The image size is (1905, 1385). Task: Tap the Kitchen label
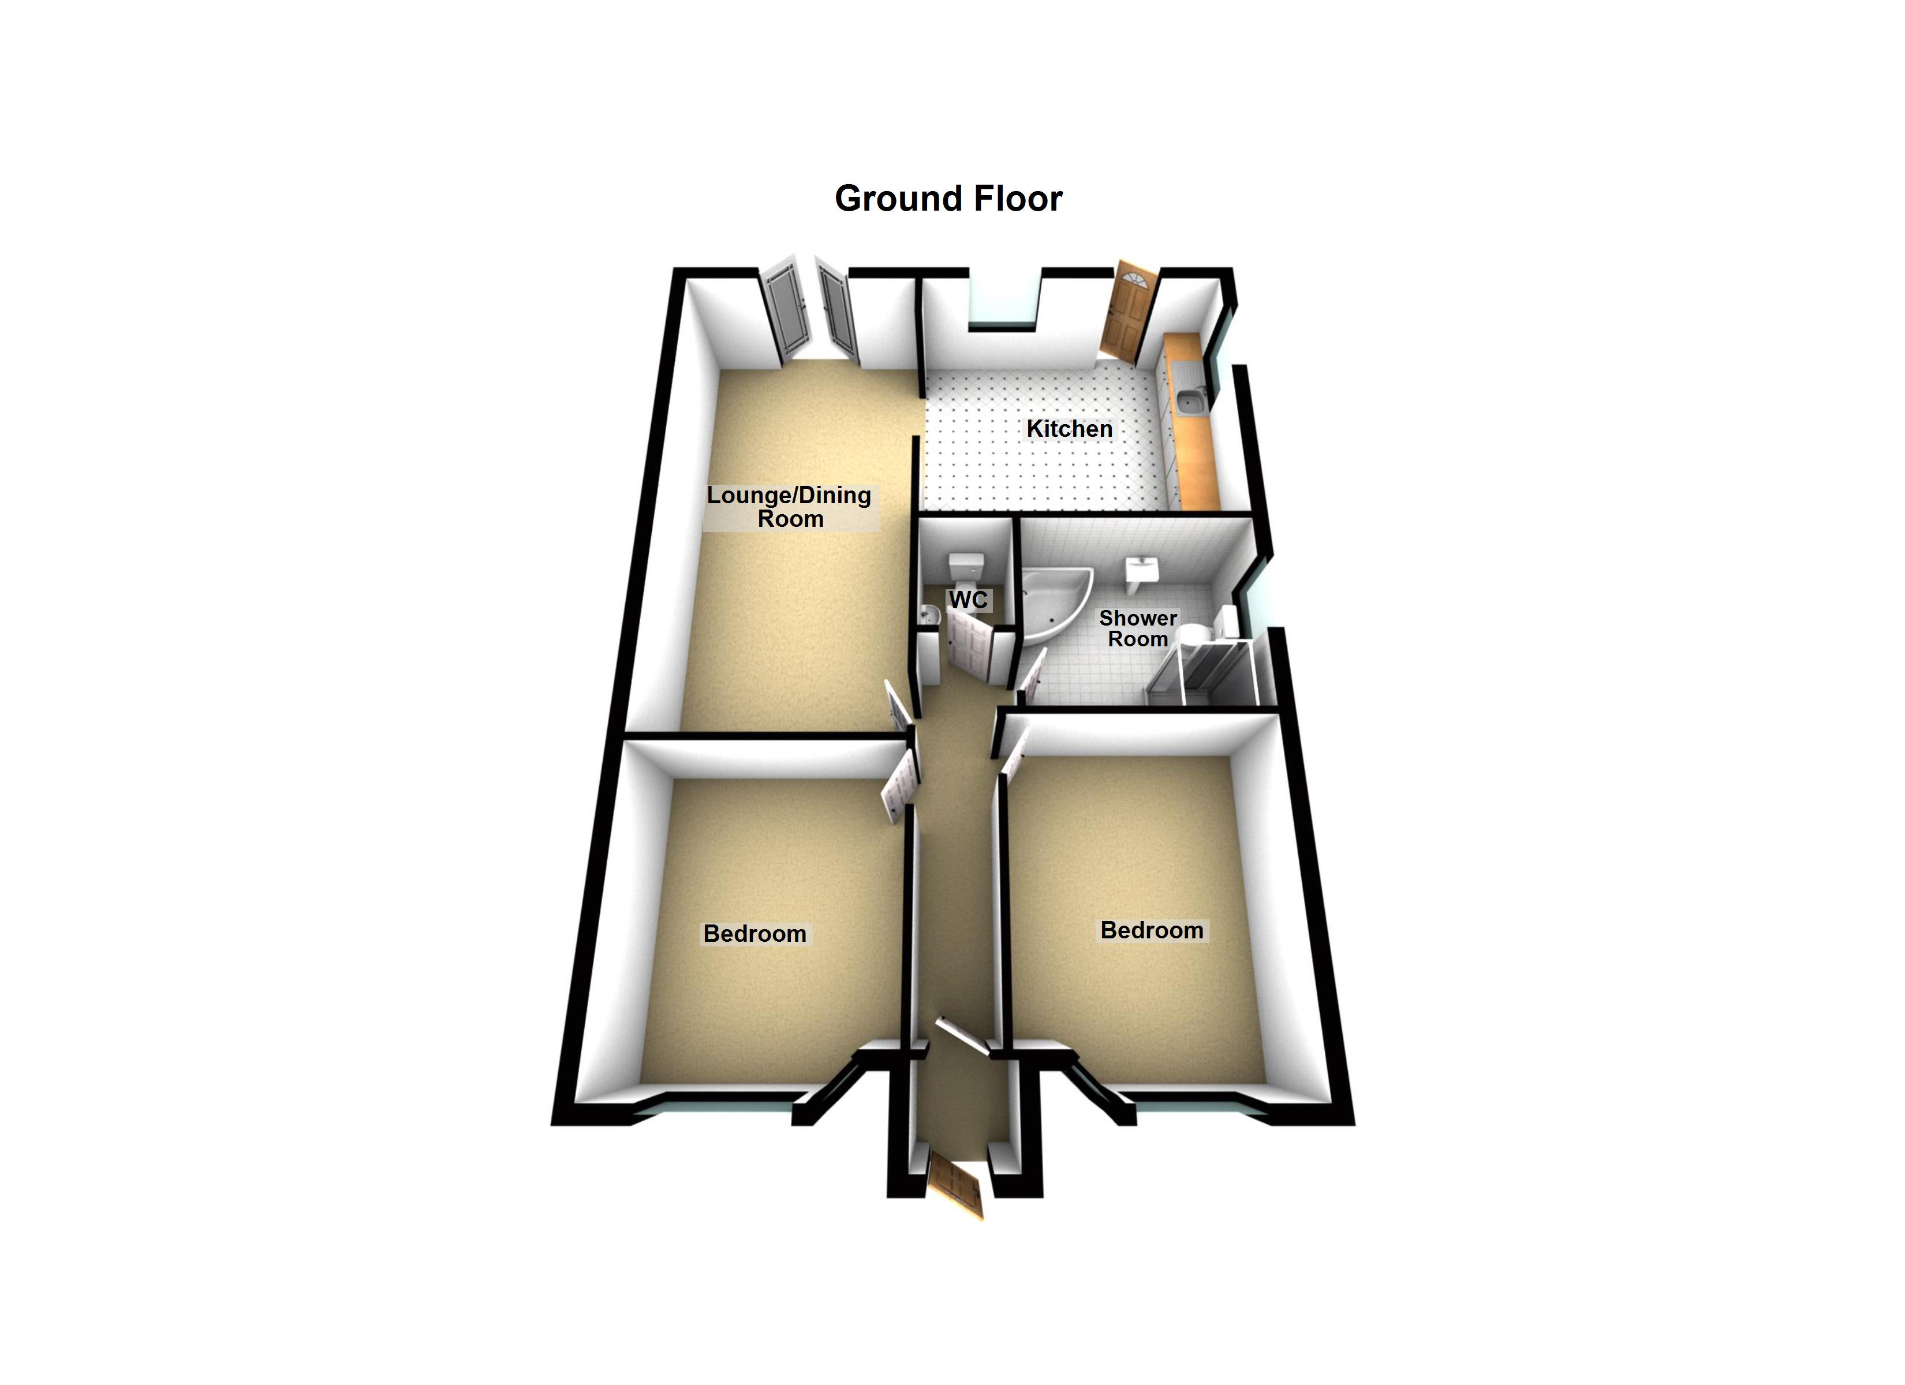click(1069, 429)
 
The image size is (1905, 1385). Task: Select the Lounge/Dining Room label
click(790, 507)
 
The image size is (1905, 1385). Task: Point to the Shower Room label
click(1138, 628)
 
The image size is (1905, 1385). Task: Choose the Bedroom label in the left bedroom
click(754, 933)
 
